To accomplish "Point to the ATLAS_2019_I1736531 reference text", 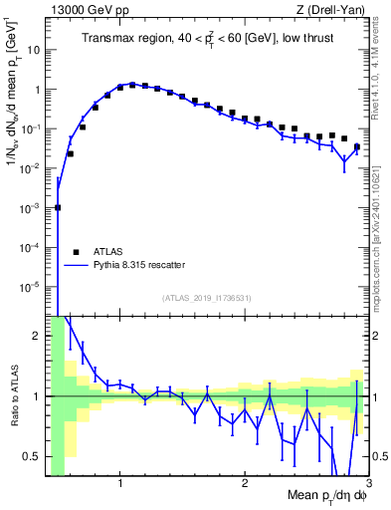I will (207, 298).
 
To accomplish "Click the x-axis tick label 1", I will (120, 485).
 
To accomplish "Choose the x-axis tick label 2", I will (245, 485).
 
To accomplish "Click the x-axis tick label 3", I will (368, 485).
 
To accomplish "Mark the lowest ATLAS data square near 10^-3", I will (58, 207).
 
